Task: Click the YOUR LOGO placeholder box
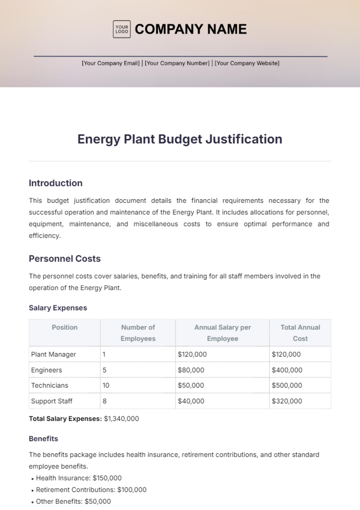coord(121,29)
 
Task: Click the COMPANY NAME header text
coord(191,29)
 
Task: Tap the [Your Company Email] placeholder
coord(111,63)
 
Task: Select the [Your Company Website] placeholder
coord(247,63)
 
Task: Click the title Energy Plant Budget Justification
coord(180,139)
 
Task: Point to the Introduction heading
coord(55,183)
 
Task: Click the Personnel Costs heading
coord(64,258)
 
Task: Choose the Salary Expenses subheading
coord(58,308)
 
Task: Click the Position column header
coord(64,327)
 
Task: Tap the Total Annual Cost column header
coord(300,333)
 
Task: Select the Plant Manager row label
coord(53,354)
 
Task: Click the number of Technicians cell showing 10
coord(106,385)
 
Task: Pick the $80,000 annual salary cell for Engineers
coord(191,370)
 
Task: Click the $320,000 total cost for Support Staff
coord(287,401)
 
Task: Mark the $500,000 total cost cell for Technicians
coord(287,385)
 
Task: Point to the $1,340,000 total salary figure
coord(121,419)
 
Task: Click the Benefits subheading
coord(43,439)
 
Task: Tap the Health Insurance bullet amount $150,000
coord(107,478)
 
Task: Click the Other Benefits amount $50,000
coord(98,501)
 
